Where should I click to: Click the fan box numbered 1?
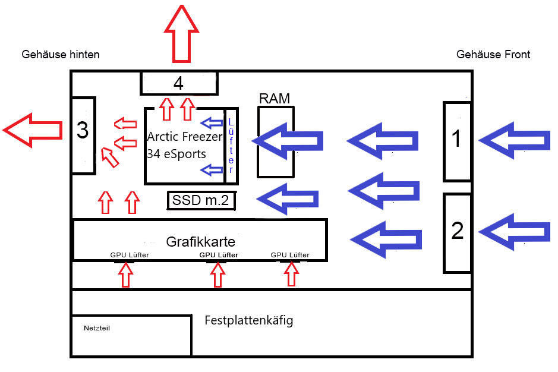coord(456,141)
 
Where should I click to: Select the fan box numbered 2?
coord(457,232)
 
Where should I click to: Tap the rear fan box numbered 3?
coord(83,135)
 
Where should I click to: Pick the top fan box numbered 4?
coord(179,83)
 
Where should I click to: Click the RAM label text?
coord(275,99)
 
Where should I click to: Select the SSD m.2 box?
coord(201,201)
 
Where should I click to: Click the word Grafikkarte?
coord(200,242)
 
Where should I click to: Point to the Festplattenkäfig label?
coord(248,321)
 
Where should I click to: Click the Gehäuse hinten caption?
coord(61,55)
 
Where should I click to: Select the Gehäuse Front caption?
coord(493,55)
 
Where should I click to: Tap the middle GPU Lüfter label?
coord(218,256)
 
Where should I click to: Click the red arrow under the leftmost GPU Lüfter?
coord(125,275)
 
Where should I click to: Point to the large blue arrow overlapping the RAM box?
coord(289,141)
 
